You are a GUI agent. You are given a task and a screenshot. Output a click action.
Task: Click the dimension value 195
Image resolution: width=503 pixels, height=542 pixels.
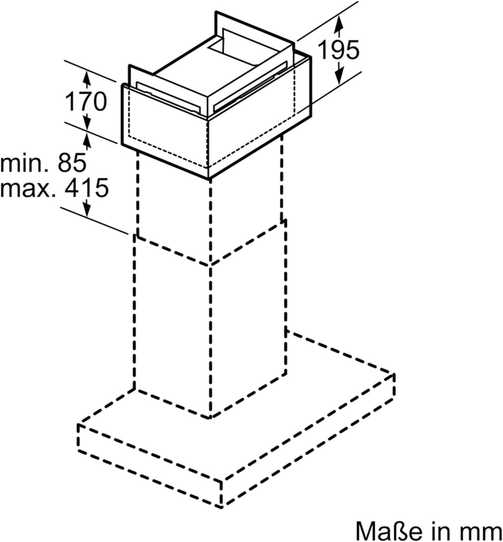pos(338,49)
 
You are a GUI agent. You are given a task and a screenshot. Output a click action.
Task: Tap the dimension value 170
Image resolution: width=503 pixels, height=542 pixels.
pos(86,101)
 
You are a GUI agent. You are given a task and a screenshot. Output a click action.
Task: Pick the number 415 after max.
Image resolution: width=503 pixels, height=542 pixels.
pos(87,188)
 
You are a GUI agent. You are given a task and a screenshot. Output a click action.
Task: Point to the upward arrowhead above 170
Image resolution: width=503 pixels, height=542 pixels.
pos(87,79)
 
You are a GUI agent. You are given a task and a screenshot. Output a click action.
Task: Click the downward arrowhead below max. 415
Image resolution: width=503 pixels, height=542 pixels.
pos(87,209)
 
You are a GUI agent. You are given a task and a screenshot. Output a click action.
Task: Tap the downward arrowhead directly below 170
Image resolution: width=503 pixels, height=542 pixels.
pos(87,123)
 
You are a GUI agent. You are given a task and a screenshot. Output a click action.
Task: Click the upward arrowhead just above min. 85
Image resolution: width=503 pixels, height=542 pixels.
pos(87,141)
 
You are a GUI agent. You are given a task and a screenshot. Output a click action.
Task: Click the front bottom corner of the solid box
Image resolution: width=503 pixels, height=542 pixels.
pos(210,179)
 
